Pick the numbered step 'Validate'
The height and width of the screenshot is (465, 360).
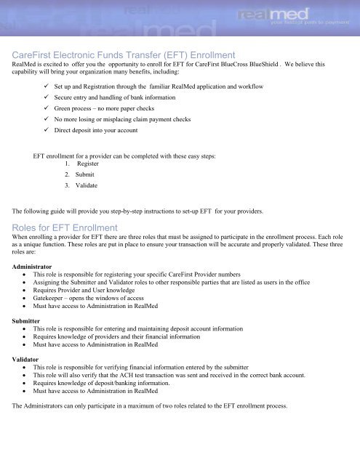pyautogui.click(x=78, y=185)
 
